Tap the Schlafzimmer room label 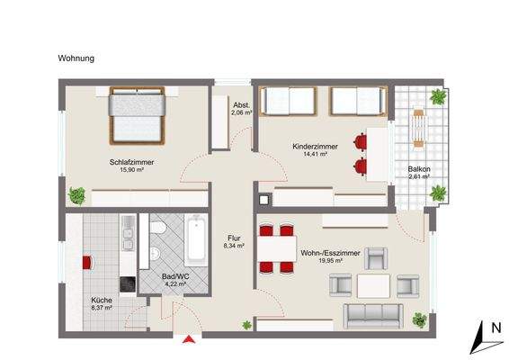132,162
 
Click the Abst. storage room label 241,104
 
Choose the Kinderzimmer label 315,146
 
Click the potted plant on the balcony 438,97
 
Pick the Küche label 101,301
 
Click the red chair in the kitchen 87,262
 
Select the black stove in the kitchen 127,283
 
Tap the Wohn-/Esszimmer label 333,254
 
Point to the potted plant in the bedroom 78,193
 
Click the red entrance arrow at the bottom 188,339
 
